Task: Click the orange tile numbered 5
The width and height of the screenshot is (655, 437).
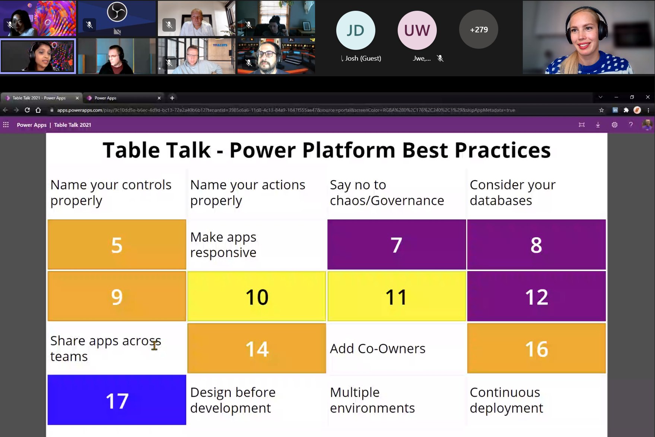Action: (117, 244)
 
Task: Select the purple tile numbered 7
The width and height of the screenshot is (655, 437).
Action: (397, 244)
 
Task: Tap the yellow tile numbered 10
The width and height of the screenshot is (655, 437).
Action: (257, 296)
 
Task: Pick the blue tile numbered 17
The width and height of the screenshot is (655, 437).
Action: (117, 400)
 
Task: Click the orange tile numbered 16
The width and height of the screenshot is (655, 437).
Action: (536, 348)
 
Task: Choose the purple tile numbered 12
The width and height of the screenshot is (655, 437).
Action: (536, 296)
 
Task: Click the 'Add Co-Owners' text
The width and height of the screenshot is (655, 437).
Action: (378, 348)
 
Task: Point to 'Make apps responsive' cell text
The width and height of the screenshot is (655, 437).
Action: (223, 245)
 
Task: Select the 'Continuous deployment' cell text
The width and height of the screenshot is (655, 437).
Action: (506, 400)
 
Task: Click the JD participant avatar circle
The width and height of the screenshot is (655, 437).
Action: (356, 30)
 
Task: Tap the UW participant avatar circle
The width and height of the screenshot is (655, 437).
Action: (417, 30)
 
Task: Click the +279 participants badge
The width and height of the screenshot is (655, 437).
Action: (478, 29)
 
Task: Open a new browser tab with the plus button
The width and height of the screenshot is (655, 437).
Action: (172, 98)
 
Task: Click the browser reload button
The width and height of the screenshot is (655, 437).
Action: (27, 110)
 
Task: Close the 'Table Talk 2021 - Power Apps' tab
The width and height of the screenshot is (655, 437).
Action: (77, 98)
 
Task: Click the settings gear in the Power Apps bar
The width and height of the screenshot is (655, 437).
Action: (614, 125)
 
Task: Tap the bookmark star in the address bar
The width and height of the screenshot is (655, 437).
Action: (601, 110)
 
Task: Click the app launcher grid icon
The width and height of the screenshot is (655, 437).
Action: (6, 125)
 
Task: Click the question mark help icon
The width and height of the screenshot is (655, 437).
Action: (631, 125)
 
